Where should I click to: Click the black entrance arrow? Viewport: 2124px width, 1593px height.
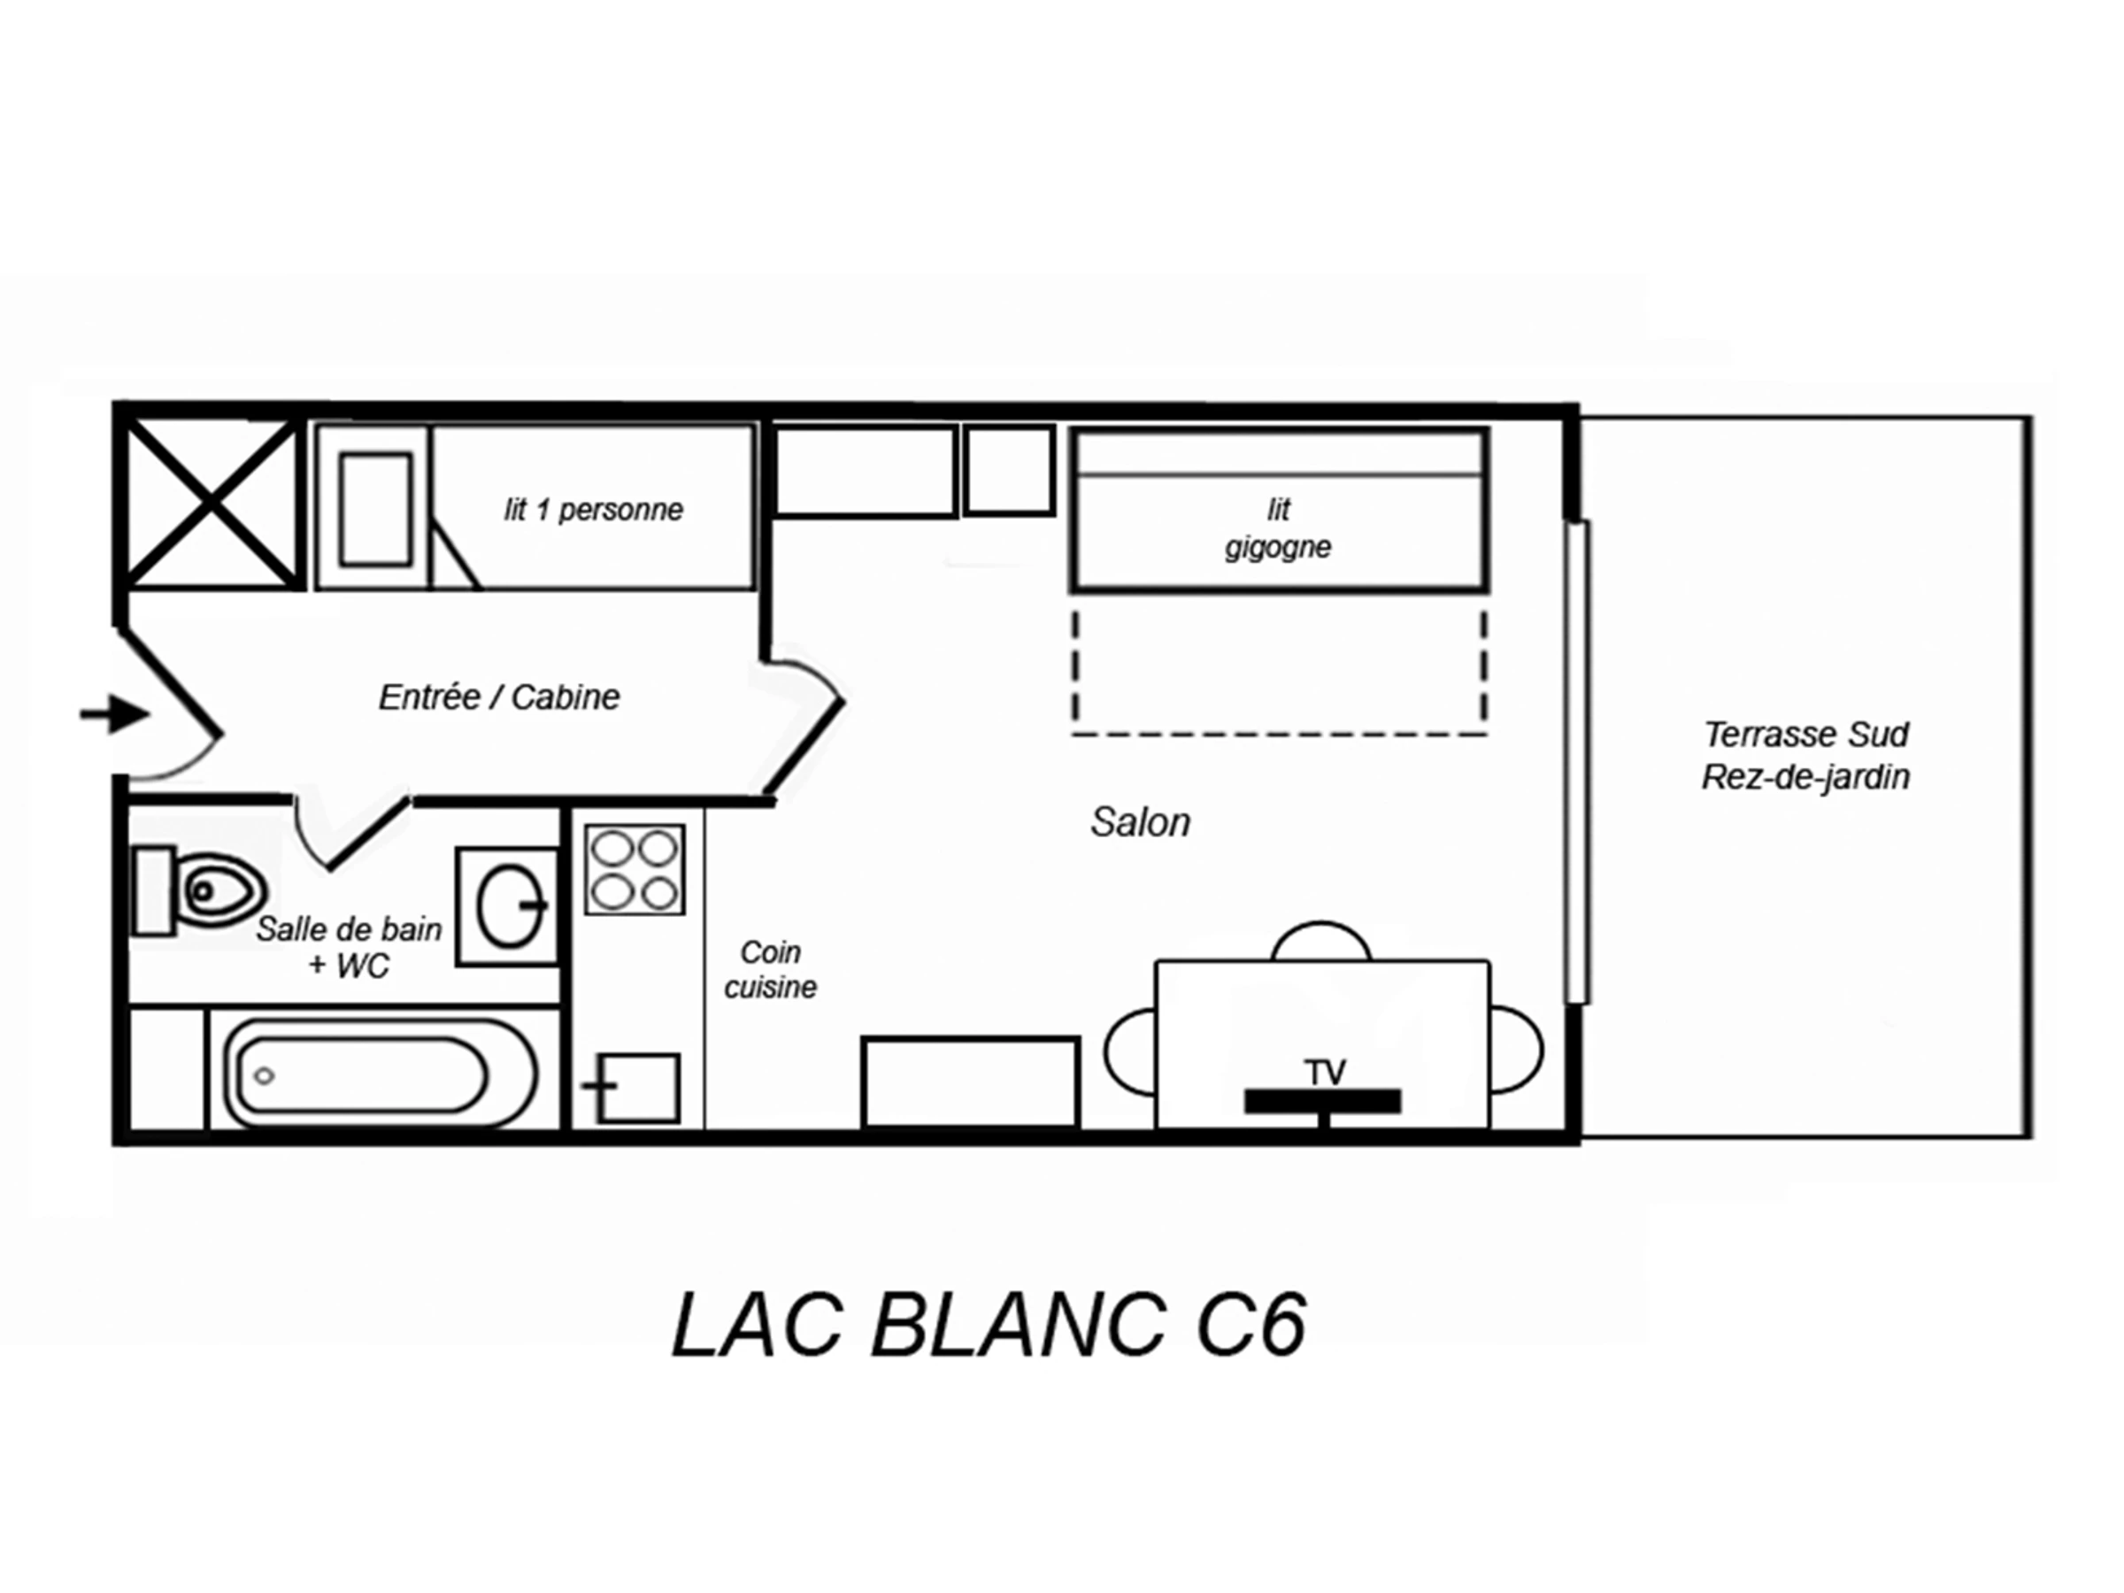pos(114,714)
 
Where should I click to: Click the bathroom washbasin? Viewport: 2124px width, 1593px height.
pos(507,906)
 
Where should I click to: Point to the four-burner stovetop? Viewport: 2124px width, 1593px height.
pos(635,869)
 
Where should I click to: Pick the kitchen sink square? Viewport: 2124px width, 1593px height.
pos(637,1088)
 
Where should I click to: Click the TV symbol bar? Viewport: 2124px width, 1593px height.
pos(1323,1101)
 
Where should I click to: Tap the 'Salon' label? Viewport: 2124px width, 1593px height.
pos(1141,822)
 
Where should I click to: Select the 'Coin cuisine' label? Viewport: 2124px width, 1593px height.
pos(770,969)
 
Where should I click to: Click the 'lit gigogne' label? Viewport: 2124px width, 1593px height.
pos(1278,527)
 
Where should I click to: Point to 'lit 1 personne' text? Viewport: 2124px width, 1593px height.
pos(594,510)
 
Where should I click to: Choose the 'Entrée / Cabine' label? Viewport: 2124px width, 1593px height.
pos(499,697)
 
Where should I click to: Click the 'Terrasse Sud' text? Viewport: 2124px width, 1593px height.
pos(1806,735)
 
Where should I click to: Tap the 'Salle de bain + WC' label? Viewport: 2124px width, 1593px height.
pos(350,947)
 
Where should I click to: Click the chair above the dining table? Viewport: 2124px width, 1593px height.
pos(1321,942)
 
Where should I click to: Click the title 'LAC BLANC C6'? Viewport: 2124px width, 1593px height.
pos(989,1326)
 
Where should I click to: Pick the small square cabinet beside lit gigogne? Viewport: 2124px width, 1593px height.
pos(1010,471)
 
